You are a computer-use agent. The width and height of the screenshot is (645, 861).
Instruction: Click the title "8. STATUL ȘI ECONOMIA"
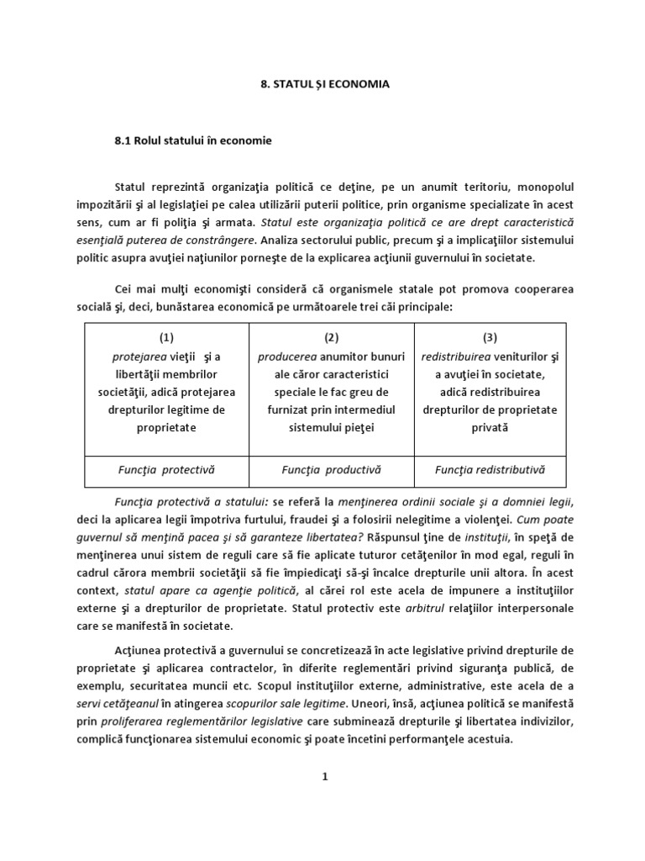click(323, 85)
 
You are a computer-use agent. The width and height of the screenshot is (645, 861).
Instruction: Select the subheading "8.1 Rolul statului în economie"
click(193, 140)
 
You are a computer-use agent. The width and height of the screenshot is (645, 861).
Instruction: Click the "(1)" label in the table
click(166, 337)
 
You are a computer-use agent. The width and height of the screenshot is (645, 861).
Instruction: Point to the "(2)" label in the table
click(331, 337)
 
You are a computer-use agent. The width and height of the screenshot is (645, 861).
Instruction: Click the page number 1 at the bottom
click(323, 776)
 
